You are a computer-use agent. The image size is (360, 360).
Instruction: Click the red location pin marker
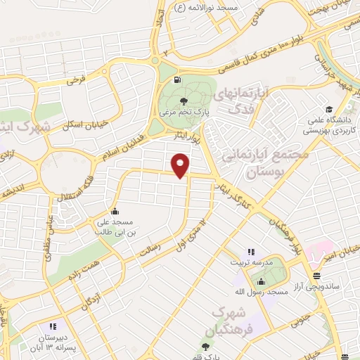pos(181,166)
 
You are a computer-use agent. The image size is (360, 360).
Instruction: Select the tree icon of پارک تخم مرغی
pos(184,102)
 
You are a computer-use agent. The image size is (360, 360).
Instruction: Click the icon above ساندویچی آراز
pos(316,275)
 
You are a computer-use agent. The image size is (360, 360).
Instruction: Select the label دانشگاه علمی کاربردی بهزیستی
pos(329,124)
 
